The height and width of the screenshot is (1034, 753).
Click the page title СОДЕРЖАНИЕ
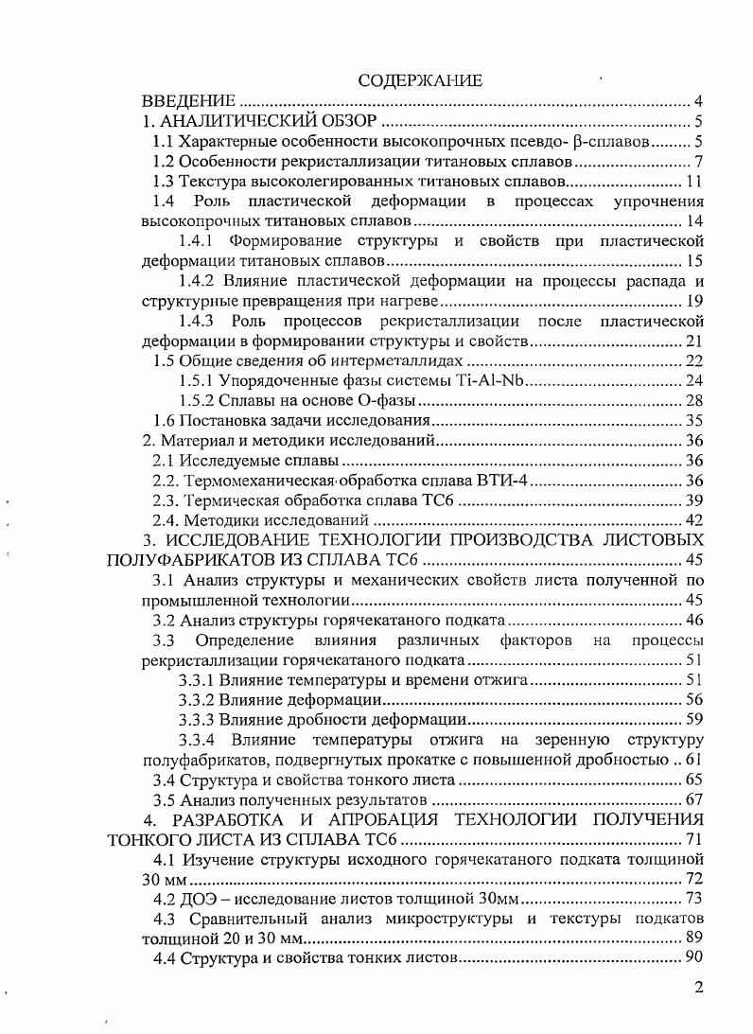(x=420, y=80)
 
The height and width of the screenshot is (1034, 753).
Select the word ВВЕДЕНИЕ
(x=188, y=101)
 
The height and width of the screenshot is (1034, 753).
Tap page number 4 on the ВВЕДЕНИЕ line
(x=697, y=101)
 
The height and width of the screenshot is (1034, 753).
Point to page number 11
(x=693, y=181)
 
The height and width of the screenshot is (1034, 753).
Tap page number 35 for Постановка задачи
(x=693, y=421)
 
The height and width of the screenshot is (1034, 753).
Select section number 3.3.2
(x=196, y=700)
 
